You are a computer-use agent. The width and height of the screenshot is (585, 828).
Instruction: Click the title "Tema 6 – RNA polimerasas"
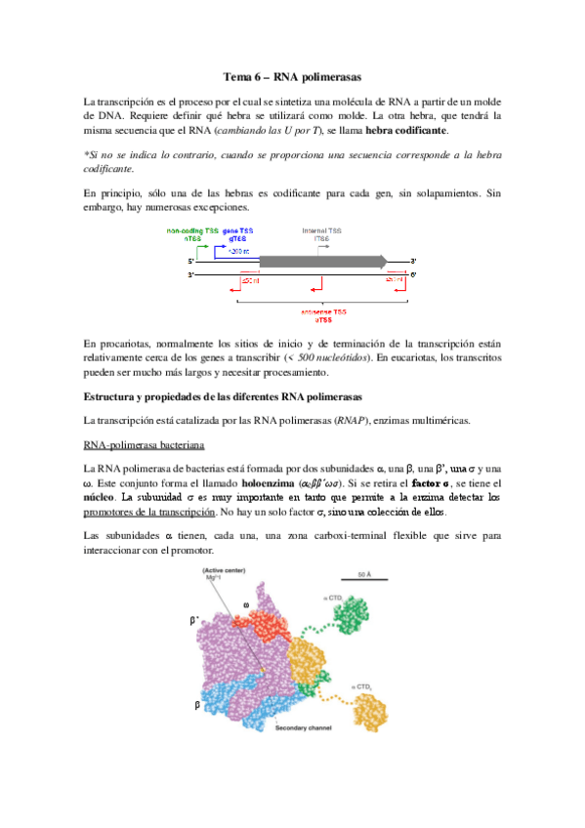pyautogui.click(x=292, y=76)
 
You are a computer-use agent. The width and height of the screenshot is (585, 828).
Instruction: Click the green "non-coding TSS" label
pyautogui.click(x=192, y=230)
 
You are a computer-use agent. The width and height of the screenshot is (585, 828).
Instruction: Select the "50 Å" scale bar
pyautogui.click(x=361, y=576)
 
